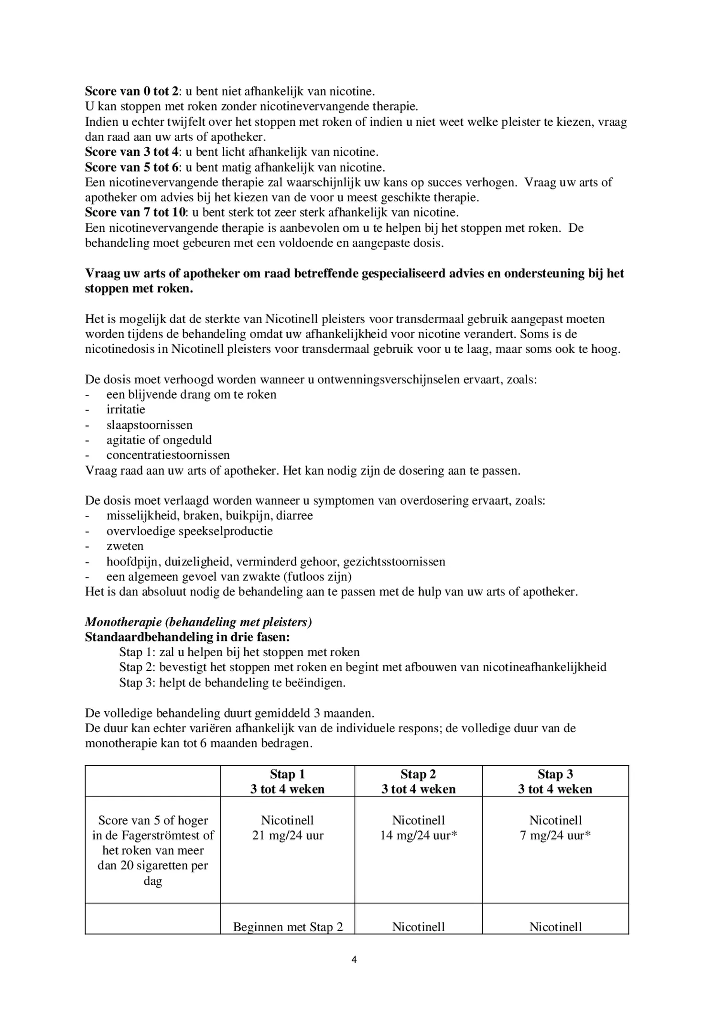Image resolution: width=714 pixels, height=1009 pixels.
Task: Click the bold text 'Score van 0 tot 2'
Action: click(x=132, y=91)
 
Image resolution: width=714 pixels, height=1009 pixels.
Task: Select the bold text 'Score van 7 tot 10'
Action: click(x=135, y=212)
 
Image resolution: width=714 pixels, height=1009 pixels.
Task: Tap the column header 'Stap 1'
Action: click(x=287, y=774)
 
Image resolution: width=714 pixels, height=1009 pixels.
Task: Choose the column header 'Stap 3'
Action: click(x=555, y=774)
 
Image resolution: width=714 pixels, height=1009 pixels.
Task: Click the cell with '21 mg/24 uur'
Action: click(x=287, y=835)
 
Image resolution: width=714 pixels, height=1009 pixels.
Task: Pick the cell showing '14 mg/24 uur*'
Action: click(x=418, y=835)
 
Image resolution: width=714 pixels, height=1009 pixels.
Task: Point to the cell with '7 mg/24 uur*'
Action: click(x=555, y=835)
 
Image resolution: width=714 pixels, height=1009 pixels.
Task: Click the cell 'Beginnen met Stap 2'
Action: click(x=288, y=927)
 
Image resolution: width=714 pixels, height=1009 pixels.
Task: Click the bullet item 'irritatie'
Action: click(x=126, y=410)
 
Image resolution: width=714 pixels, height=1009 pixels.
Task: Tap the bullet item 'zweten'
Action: click(x=125, y=546)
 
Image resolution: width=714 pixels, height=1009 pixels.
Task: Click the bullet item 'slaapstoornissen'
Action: click(x=150, y=425)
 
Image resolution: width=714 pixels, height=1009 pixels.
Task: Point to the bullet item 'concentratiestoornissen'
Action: click(x=168, y=455)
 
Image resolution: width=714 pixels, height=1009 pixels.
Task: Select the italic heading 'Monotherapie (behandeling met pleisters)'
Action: click(x=198, y=622)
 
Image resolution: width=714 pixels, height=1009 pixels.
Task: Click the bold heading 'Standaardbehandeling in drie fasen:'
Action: click(x=187, y=637)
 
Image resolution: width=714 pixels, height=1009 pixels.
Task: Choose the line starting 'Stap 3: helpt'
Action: click(x=232, y=683)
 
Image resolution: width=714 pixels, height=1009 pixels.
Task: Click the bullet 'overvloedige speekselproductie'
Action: click(x=189, y=531)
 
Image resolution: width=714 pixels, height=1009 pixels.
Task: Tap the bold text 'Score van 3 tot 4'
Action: click(x=131, y=152)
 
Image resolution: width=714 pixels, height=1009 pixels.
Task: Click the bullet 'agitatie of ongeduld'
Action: click(x=159, y=440)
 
